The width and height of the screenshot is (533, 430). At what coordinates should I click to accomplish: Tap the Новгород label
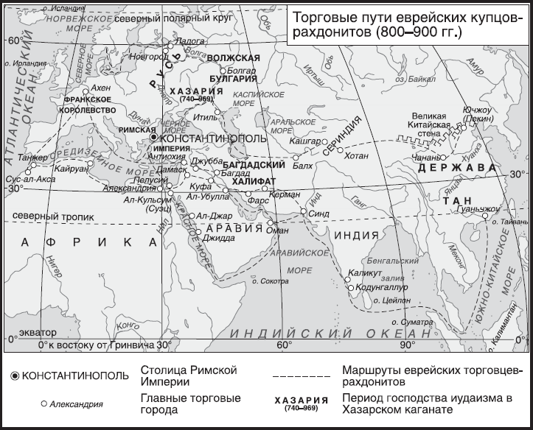144,56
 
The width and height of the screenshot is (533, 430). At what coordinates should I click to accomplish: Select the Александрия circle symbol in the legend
44,403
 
